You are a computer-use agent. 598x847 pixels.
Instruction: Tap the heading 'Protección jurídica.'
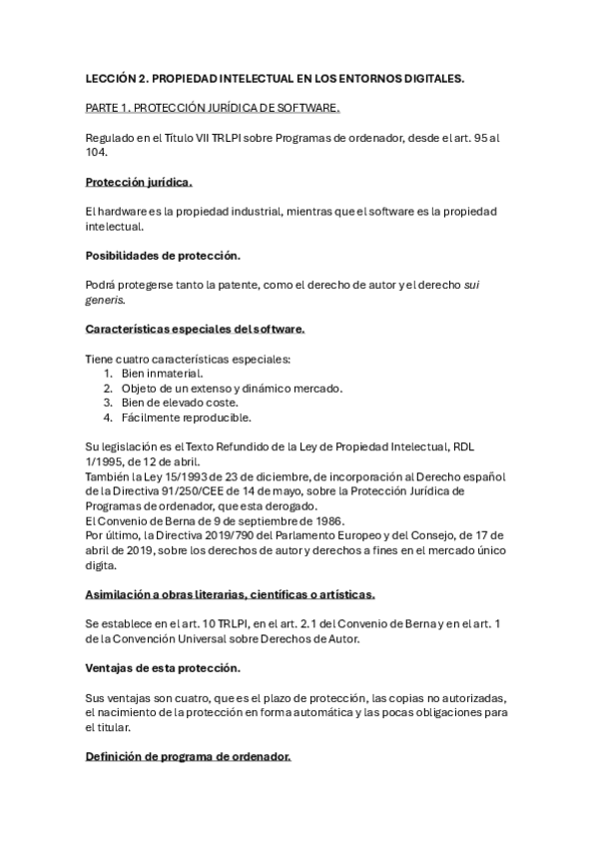point(139,183)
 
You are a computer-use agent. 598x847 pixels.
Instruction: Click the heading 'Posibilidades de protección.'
point(162,256)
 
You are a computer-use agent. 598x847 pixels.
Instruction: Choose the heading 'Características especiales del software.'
point(196,329)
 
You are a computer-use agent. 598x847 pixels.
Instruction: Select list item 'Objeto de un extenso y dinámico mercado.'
point(232,388)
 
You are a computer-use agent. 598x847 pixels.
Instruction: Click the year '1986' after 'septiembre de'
point(321,520)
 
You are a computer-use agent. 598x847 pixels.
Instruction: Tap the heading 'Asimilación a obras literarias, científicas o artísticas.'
point(230,594)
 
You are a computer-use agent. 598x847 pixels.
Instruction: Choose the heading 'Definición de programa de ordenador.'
point(189,757)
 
